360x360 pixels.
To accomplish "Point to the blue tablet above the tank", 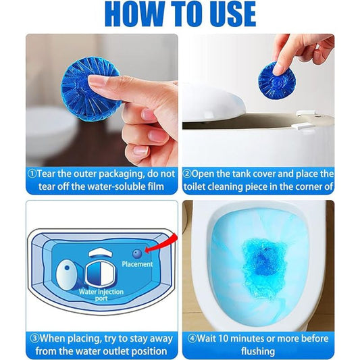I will (276, 79).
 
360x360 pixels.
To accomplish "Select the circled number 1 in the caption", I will (32, 174).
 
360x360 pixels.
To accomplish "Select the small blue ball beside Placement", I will (136, 253).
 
